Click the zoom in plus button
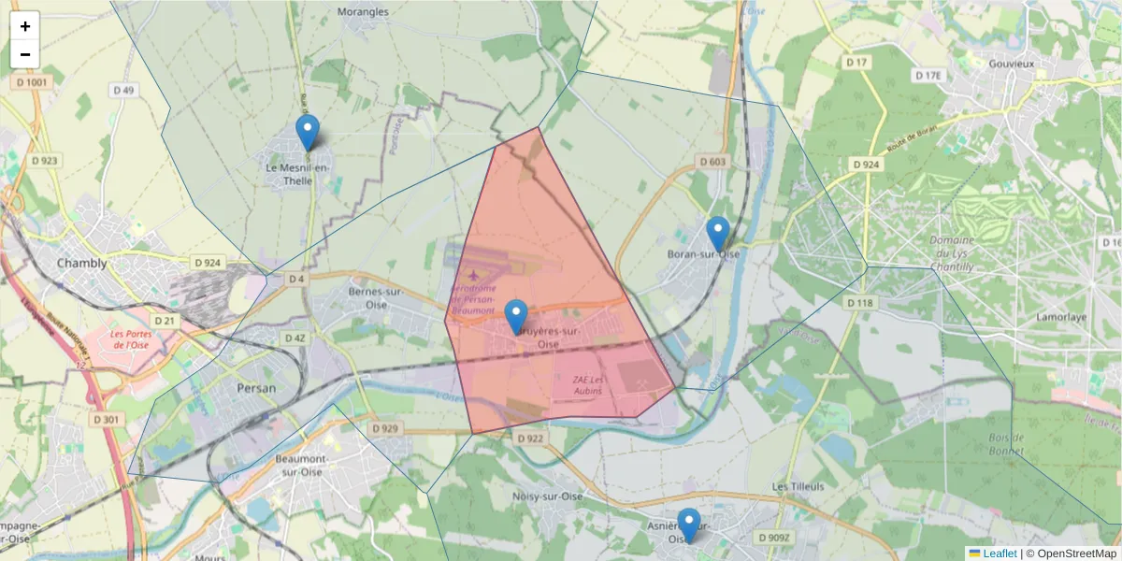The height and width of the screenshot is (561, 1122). click(25, 26)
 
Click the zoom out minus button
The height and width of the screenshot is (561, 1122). click(25, 54)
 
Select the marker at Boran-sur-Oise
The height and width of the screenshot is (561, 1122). click(717, 235)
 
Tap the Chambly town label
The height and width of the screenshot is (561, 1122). click(82, 263)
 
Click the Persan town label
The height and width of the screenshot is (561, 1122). click(256, 388)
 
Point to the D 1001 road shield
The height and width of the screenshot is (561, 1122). click(31, 82)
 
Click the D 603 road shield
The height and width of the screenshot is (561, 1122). click(712, 162)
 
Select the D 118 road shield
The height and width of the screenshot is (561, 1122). click(859, 303)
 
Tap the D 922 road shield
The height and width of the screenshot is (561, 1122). click(529, 439)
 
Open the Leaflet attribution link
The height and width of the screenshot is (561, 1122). click(1000, 554)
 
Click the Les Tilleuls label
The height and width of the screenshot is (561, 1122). click(798, 487)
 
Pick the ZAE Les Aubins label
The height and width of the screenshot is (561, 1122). click(588, 385)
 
